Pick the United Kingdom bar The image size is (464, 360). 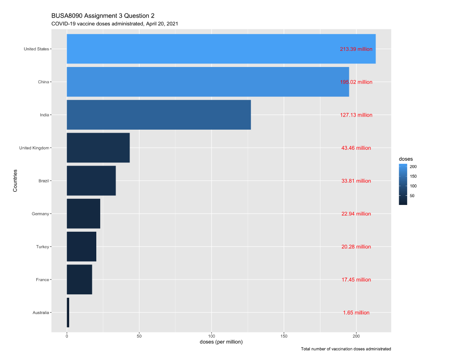tap(98, 148)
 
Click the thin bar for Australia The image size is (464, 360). tap(68, 313)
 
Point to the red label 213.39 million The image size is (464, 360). tap(356, 49)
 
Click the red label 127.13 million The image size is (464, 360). tap(356, 115)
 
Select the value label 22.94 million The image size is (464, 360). tap(356, 214)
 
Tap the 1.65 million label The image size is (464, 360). tap(356, 313)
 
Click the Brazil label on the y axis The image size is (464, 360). tap(43, 181)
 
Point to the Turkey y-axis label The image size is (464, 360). tap(42, 247)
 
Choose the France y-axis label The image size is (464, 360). tap(42, 280)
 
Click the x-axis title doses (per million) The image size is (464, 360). tap(221, 342)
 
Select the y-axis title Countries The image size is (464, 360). tap(15, 180)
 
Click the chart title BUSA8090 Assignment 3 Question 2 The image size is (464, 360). tap(103, 16)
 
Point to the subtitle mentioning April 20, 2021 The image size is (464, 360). tap(114, 24)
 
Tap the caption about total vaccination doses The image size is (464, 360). tap(346, 349)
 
